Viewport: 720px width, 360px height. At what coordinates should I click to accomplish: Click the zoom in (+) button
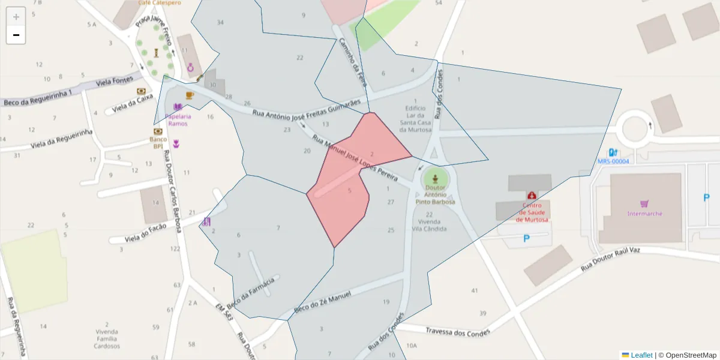16,16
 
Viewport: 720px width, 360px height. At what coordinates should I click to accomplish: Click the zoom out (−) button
16,35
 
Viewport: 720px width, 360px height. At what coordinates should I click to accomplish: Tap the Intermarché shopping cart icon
644,203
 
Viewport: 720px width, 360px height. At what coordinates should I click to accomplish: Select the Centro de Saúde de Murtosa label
532,212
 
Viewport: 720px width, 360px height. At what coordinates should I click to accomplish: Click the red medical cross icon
532,196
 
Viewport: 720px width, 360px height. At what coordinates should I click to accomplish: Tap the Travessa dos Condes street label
458,331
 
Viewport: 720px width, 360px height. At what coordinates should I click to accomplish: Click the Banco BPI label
158,142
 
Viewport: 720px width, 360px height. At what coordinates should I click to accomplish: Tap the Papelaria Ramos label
178,119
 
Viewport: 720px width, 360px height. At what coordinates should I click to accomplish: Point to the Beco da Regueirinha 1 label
37,98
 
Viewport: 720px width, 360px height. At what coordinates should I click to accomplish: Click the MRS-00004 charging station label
613,161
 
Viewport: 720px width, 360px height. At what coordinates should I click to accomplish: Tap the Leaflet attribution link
641,355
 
